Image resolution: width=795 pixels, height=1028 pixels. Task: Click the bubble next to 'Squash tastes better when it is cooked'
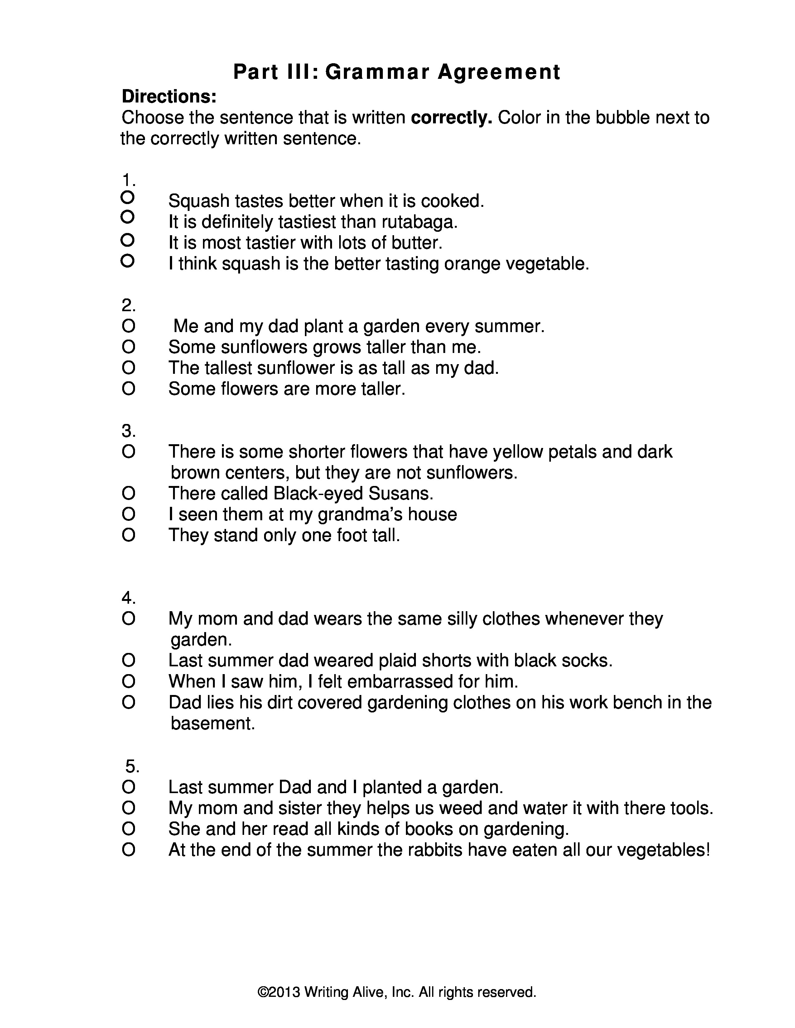point(128,196)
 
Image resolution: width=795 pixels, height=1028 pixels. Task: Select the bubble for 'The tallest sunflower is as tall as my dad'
point(128,368)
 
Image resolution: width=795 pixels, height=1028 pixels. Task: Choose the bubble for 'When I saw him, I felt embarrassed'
point(128,681)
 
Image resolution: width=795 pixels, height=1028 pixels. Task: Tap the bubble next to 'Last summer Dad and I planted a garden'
point(128,787)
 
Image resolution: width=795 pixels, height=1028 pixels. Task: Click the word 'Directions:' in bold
point(169,97)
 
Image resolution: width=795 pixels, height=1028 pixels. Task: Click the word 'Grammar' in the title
point(377,72)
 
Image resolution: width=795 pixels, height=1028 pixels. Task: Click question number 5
point(132,766)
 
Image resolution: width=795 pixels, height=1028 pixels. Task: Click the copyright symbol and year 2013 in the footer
point(278,992)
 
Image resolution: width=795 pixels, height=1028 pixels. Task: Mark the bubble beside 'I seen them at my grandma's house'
point(128,514)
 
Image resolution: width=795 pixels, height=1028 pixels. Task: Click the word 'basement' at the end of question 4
point(212,723)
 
